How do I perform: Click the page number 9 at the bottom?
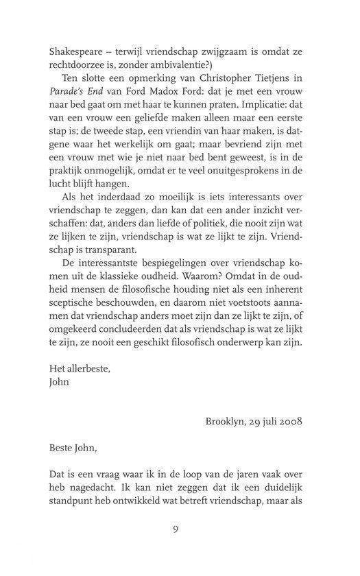180,547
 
